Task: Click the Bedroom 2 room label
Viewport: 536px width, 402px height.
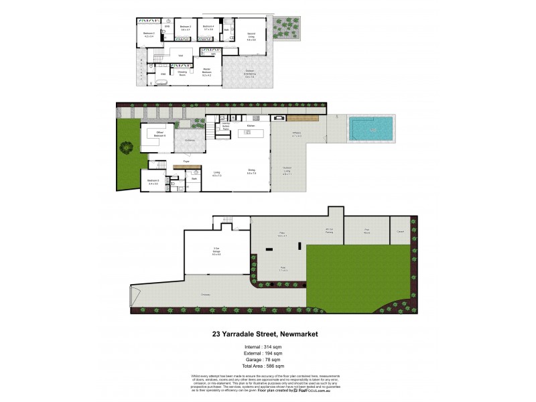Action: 149,34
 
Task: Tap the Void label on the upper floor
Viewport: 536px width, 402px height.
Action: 180,56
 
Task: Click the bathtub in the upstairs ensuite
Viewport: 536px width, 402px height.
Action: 161,80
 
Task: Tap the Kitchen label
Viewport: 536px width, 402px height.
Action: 251,125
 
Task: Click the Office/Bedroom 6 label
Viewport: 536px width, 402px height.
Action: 159,133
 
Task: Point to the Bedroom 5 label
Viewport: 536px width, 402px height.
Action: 153,181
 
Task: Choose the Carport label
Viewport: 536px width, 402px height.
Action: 400,231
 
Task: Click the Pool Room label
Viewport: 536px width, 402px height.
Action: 367,231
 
